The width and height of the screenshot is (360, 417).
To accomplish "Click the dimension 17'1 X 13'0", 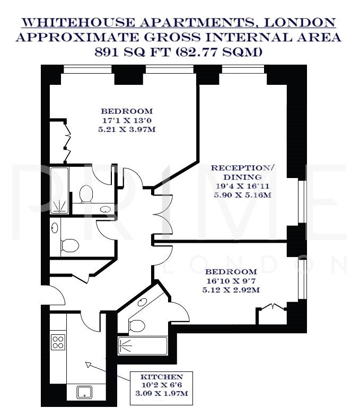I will point(127,120).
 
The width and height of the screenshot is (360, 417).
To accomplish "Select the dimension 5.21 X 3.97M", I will point(127,129).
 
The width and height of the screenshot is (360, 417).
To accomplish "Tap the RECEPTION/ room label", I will point(243,167).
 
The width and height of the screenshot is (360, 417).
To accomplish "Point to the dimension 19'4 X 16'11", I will point(243,185).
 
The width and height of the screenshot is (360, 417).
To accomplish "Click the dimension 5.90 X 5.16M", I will point(243,194).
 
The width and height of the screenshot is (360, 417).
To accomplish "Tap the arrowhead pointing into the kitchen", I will point(87,365).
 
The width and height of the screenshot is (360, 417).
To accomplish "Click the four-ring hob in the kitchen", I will point(58,342).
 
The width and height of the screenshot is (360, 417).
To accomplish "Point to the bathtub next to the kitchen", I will point(142,346).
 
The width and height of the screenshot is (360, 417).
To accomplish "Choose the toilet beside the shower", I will point(85,194).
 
